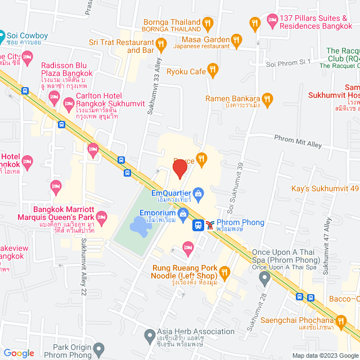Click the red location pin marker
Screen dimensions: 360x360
[x=179, y=168]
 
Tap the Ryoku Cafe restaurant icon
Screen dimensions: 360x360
[x=213, y=71]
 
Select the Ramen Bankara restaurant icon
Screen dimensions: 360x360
[x=267, y=99]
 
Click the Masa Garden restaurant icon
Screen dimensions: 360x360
[x=236, y=40]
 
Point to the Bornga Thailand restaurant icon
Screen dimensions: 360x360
[x=208, y=24]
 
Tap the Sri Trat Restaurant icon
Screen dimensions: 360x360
[x=161, y=44]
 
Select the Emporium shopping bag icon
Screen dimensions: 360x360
[x=183, y=214]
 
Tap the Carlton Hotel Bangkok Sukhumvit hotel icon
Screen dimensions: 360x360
[x=69, y=103]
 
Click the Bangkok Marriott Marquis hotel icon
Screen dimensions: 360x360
[x=102, y=216]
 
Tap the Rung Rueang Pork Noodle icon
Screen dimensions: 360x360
[x=224, y=273]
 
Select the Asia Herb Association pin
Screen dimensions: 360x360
[x=149, y=336]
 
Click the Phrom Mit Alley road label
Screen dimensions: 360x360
[x=298, y=141]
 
